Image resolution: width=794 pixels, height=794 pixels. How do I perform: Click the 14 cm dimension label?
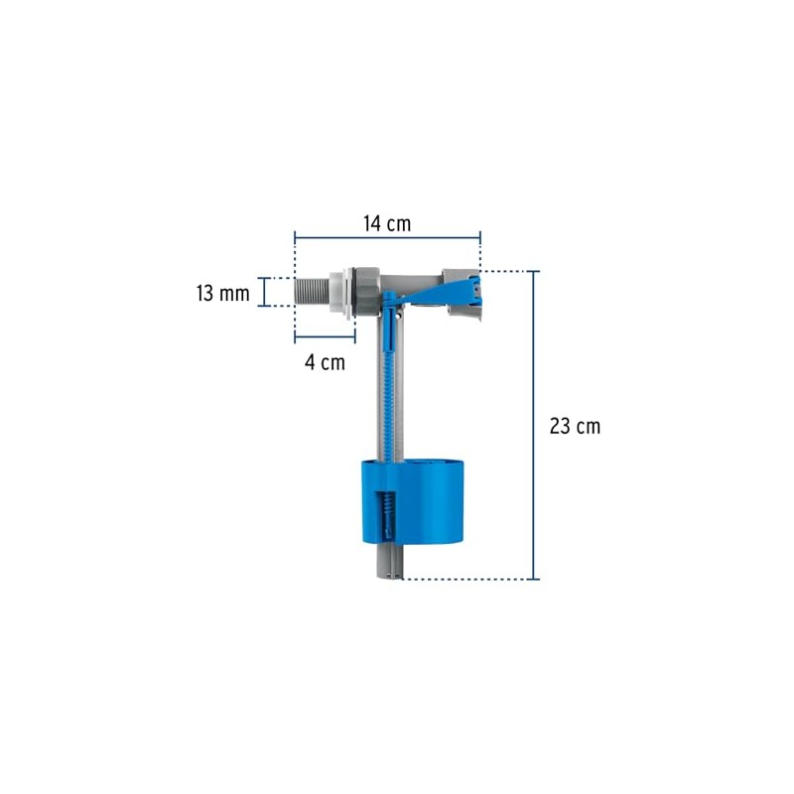[387, 224]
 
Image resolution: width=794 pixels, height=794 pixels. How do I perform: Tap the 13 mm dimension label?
[223, 293]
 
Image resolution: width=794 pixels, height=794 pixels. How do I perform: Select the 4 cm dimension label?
[326, 362]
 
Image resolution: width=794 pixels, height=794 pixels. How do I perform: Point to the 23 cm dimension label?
[576, 427]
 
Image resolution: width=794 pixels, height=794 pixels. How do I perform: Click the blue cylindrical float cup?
[412, 501]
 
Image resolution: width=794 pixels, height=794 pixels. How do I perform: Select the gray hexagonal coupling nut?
[366, 292]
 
